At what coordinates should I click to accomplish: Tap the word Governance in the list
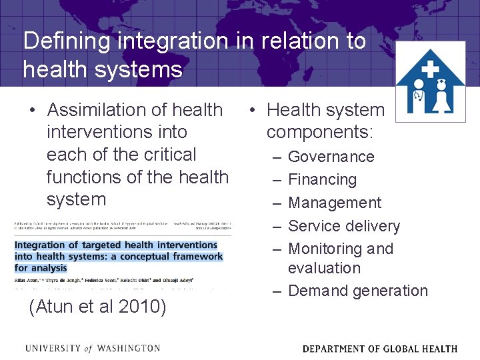click(331, 157)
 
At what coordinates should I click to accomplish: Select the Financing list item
click(322, 180)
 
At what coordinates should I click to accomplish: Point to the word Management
click(335, 203)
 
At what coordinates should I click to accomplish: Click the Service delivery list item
click(343, 226)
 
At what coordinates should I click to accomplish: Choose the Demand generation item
click(357, 291)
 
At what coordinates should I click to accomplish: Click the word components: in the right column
click(319, 132)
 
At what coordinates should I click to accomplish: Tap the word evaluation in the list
click(324, 268)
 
